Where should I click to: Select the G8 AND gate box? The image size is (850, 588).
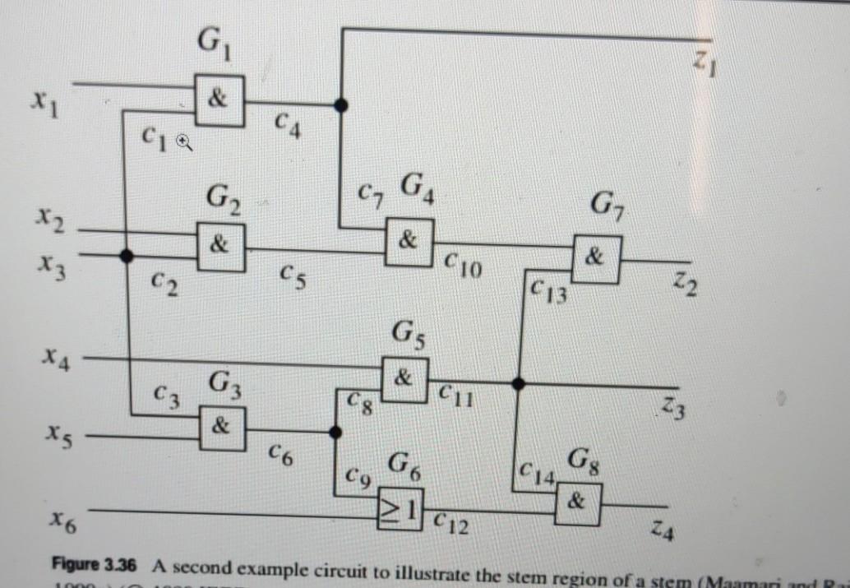580,500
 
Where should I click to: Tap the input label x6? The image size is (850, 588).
55,518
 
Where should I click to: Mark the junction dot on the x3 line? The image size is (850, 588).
126,256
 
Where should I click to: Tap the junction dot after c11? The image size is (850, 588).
518,383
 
